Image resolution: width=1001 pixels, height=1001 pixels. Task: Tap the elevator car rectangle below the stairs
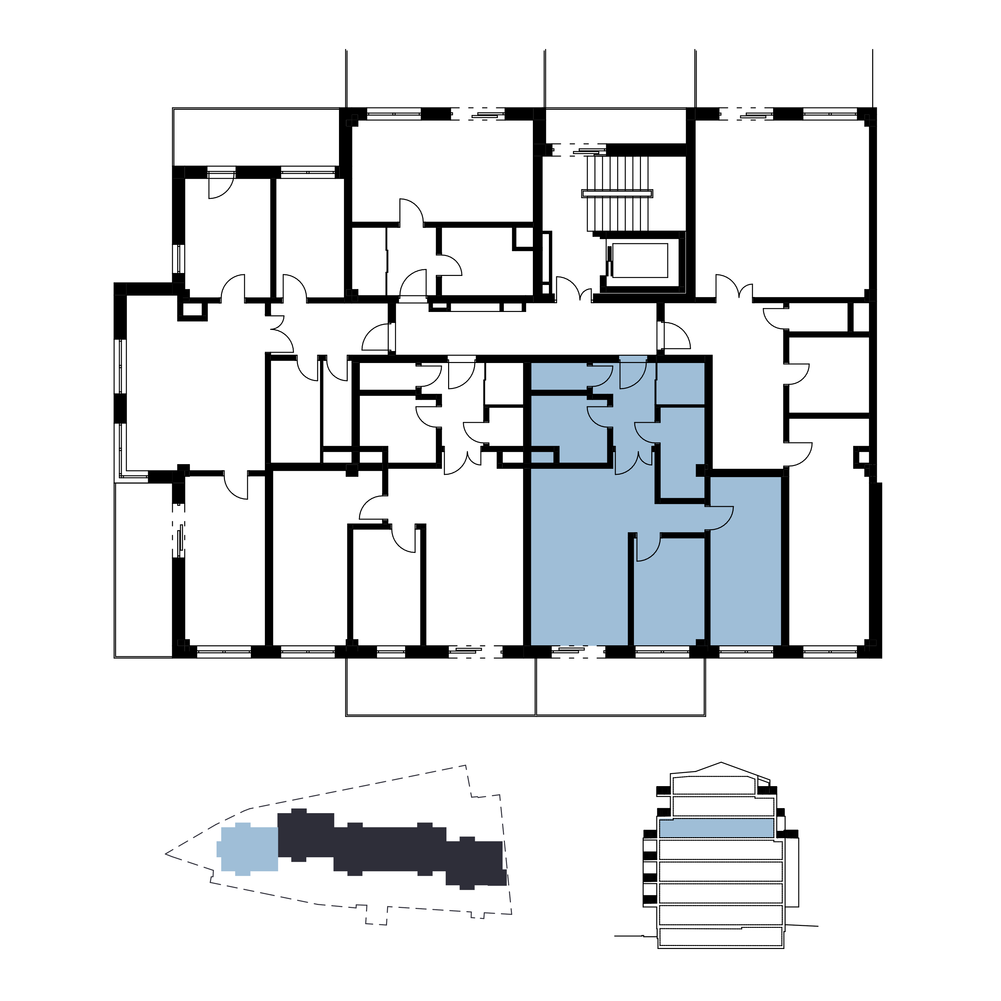pyautogui.click(x=640, y=260)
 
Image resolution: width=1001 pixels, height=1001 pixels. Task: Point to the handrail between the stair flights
pyautogui.click(x=617, y=193)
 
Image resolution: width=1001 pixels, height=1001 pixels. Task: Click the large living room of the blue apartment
pyautogui.click(x=578, y=560)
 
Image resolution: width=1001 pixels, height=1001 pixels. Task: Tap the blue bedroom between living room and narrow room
pyautogui.click(x=668, y=596)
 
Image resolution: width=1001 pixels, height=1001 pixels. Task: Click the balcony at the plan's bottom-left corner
pyautogui.click(x=143, y=570)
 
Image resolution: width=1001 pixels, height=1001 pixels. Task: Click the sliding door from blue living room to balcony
pyautogui.click(x=577, y=651)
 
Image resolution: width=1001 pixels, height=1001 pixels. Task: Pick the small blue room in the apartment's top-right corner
pyautogui.click(x=680, y=383)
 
